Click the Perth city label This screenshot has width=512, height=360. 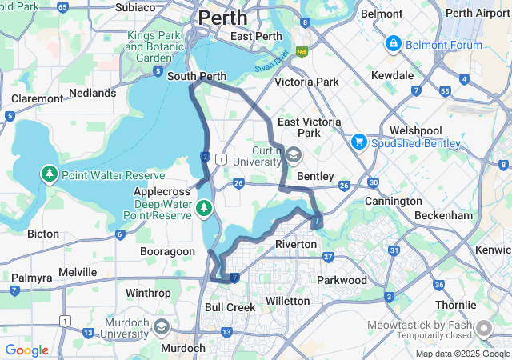pos(222,17)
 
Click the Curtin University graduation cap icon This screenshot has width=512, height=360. pos(294,154)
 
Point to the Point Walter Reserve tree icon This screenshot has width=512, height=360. pos(50,174)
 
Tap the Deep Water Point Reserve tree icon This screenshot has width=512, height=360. pos(204,209)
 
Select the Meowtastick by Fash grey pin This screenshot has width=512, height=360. pos(483,329)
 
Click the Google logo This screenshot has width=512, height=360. pos(26,350)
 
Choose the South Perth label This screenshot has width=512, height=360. pos(197,77)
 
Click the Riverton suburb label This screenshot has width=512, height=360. pos(296,243)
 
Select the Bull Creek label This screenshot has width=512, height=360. pos(230,307)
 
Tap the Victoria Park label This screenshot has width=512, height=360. pos(306,82)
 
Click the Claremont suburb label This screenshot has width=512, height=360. pos(37,98)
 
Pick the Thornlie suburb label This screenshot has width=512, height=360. pos(455,306)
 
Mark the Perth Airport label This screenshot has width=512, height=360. pos(477,13)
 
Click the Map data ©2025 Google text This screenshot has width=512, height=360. pos(462,354)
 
